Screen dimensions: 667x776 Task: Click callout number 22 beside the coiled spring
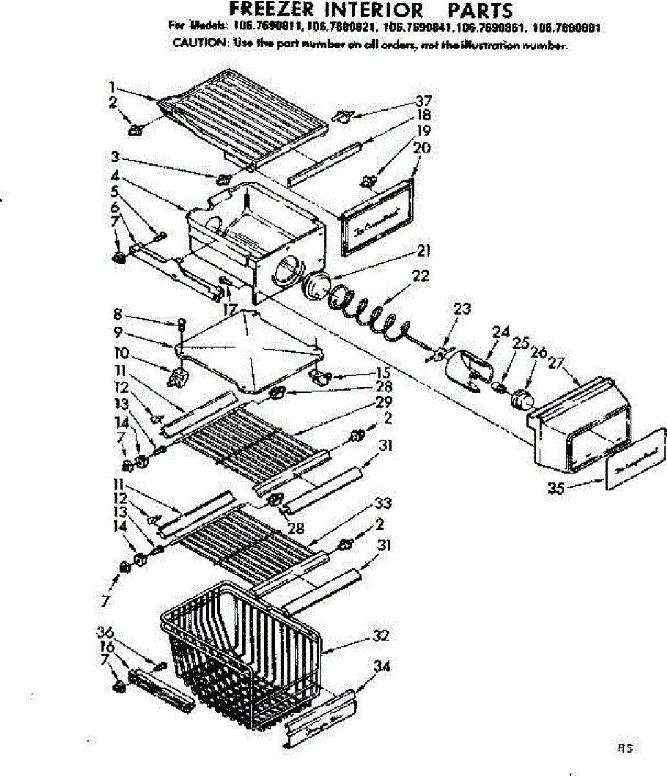(420, 275)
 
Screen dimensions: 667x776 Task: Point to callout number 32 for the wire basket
(381, 636)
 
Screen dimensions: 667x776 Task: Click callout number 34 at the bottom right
(383, 665)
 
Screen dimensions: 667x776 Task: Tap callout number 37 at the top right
(424, 101)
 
